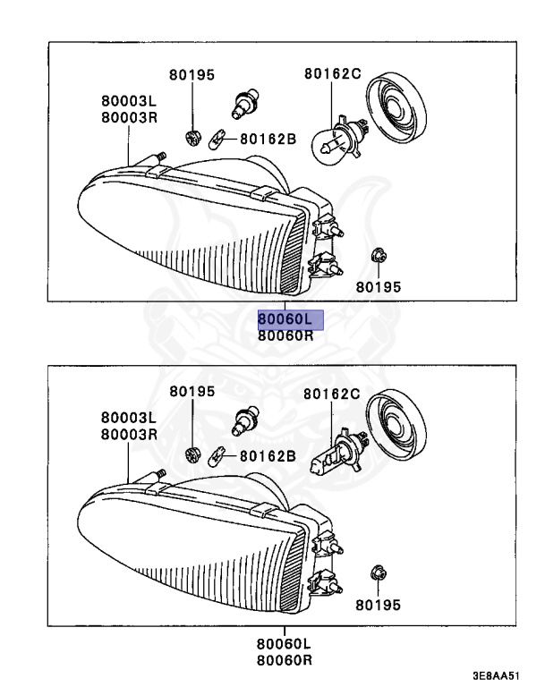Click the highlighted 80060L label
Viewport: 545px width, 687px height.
[286, 319]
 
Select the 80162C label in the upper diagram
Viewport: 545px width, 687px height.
[331, 75]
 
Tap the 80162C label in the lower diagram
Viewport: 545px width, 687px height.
[331, 393]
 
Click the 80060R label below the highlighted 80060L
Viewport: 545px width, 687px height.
[286, 336]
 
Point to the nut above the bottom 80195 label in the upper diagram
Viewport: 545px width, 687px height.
[378, 257]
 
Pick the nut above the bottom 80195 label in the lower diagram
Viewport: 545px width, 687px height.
[378, 572]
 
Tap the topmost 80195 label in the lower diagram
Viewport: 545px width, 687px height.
[192, 392]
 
